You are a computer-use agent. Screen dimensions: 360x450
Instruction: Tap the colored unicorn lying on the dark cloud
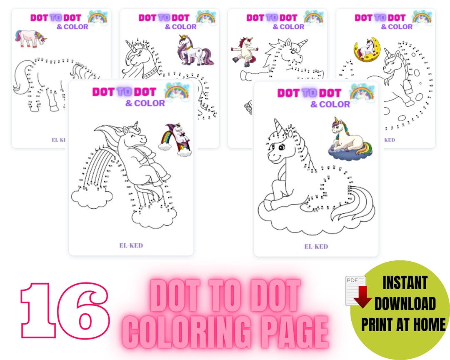(349, 138)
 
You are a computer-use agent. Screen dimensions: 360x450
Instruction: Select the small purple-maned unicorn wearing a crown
(195, 50)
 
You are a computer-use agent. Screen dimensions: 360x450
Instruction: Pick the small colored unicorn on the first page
(30, 37)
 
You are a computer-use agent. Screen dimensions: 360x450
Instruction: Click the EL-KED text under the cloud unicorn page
(316, 246)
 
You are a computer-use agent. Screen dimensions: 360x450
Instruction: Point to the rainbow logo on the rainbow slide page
(177, 92)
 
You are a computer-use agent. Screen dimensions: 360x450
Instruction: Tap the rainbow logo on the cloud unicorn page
(362, 93)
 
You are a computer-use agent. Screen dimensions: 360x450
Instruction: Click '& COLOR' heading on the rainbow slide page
(145, 103)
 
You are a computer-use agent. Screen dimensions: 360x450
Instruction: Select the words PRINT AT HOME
(403, 324)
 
